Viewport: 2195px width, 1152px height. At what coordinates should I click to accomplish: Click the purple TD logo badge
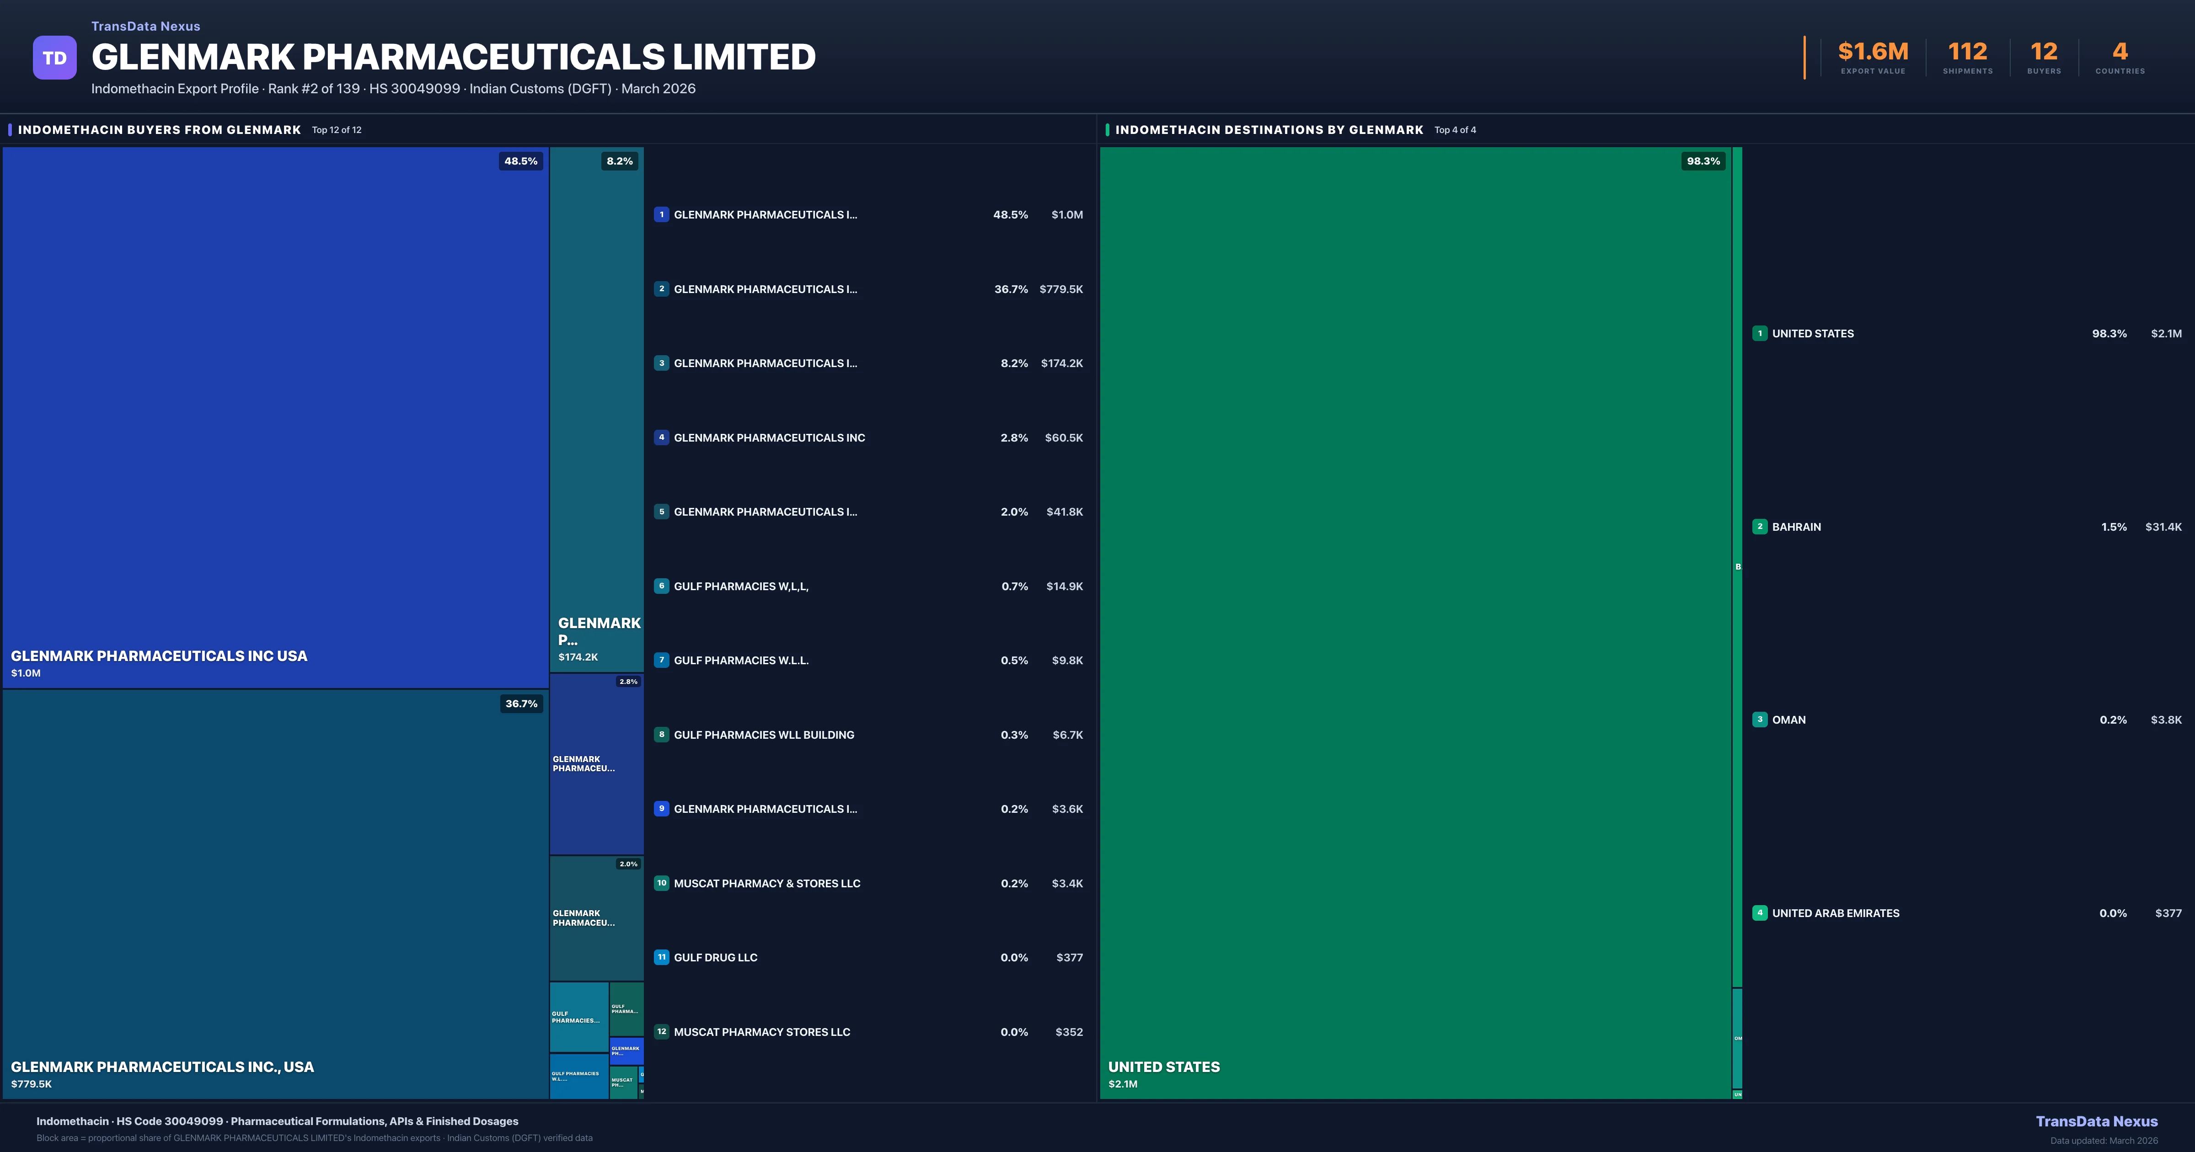pyautogui.click(x=54, y=58)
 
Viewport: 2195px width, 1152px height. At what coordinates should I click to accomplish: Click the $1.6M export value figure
pyautogui.click(x=1873, y=52)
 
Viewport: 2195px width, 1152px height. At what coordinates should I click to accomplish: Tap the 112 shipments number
pyautogui.click(x=1967, y=52)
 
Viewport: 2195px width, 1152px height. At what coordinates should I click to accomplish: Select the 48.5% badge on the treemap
pyautogui.click(x=521, y=161)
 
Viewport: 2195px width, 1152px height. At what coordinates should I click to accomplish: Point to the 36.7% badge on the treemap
pyautogui.click(x=521, y=704)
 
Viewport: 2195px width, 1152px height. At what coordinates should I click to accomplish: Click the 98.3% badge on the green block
pyautogui.click(x=1703, y=161)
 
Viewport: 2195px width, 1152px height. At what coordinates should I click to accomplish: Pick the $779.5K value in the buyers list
pyautogui.click(x=1061, y=289)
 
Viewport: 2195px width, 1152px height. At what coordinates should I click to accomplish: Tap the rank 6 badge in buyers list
pyautogui.click(x=661, y=586)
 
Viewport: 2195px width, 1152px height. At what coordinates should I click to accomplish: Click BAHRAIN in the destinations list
pyautogui.click(x=1796, y=527)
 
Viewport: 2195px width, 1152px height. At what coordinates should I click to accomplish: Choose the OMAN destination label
pyautogui.click(x=1788, y=720)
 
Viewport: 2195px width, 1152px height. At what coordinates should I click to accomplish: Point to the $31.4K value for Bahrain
pyautogui.click(x=2163, y=527)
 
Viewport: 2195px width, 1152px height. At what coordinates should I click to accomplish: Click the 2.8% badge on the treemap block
pyautogui.click(x=628, y=682)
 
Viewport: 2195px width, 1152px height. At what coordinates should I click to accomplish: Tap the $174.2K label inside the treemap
pyautogui.click(x=578, y=657)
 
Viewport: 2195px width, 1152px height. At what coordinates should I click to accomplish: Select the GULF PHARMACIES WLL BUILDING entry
pyautogui.click(x=764, y=735)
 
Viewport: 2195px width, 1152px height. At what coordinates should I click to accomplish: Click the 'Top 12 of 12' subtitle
pyautogui.click(x=337, y=130)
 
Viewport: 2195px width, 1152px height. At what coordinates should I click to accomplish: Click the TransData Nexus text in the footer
pyautogui.click(x=2096, y=1121)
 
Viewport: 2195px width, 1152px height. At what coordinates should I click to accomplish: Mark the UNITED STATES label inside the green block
pyautogui.click(x=1164, y=1067)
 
